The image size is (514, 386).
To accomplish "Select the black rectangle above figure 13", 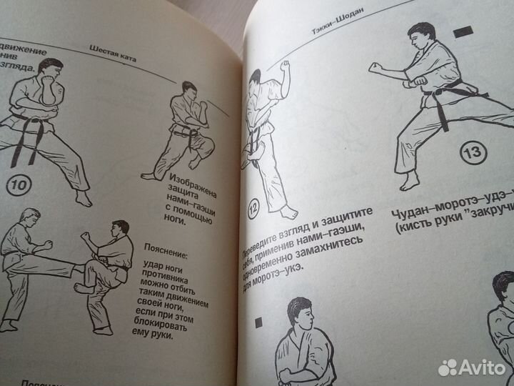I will pyautogui.click(x=464, y=32).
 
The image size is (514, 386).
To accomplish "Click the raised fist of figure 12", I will pyautogui.click(x=286, y=66).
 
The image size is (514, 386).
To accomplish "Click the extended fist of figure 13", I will pyautogui.click(x=373, y=69).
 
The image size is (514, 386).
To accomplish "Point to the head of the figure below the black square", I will pyautogui.click(x=298, y=315).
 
